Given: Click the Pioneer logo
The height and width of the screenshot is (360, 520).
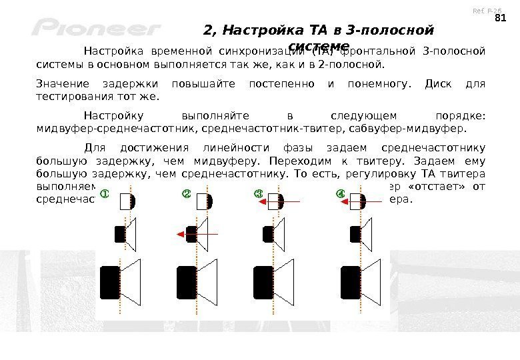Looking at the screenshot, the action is (97, 29).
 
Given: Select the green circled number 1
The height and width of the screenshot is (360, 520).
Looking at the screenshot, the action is (105, 194).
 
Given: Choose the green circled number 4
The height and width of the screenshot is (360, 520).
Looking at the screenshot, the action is (341, 194).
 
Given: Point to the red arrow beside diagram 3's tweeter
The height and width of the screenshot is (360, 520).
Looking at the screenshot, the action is (287, 201).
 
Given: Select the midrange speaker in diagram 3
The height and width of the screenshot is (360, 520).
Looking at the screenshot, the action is (273, 234).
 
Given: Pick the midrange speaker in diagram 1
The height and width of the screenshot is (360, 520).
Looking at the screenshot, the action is (125, 234).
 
